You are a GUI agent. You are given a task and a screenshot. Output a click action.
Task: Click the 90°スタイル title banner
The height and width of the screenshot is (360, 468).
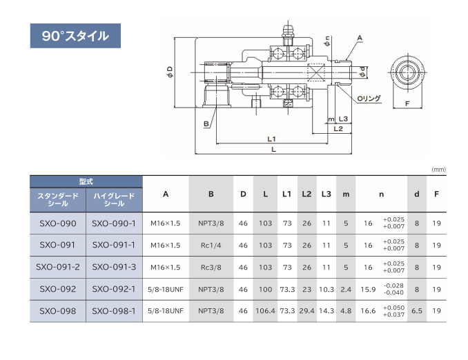click(75, 36)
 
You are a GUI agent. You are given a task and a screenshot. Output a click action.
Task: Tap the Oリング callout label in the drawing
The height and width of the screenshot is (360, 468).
click(369, 99)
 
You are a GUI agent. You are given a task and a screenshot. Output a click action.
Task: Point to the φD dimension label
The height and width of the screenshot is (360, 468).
click(170, 72)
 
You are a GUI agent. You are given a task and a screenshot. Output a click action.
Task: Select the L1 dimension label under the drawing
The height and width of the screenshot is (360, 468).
click(271, 139)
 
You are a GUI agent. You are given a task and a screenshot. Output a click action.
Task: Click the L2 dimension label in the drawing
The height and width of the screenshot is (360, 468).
click(338, 129)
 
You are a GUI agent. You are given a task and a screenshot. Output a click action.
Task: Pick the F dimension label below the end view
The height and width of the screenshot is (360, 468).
click(407, 104)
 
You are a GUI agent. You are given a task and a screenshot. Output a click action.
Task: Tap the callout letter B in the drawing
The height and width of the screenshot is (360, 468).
click(206, 123)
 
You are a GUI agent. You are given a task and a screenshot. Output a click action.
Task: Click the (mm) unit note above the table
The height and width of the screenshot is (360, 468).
click(439, 170)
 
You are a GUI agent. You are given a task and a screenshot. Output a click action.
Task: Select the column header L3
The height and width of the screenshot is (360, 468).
click(326, 194)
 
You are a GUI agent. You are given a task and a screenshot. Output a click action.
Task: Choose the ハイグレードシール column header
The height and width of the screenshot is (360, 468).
click(114, 200)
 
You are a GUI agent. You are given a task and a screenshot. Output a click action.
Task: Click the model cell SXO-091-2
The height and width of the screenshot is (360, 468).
click(58, 267)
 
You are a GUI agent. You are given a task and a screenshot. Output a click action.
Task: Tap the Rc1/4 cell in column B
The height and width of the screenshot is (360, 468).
click(211, 245)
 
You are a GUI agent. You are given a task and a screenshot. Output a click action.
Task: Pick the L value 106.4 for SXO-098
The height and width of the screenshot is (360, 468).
click(265, 311)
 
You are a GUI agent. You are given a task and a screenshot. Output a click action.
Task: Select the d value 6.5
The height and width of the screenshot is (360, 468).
click(417, 311)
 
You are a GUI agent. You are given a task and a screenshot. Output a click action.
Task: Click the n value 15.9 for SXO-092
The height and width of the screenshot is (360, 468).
click(368, 290)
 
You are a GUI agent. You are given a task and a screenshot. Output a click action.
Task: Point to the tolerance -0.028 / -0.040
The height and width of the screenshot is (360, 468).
click(393, 289)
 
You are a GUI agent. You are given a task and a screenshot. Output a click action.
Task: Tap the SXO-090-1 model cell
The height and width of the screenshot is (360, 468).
click(114, 223)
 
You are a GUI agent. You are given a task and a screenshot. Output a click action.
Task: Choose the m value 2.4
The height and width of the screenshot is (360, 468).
click(346, 290)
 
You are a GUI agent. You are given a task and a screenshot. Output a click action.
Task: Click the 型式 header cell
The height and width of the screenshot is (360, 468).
click(86, 181)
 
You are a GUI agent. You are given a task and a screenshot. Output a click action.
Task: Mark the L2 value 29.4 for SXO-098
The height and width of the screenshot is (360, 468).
click(307, 311)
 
